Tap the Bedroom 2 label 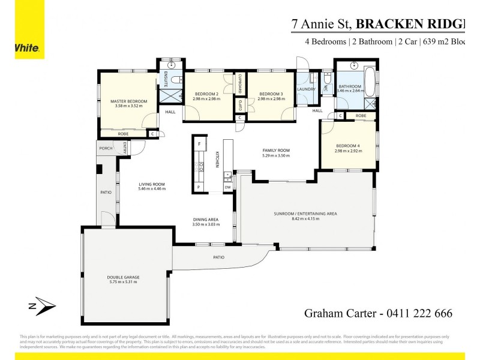point(206,94)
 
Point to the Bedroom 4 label point(348,146)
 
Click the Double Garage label point(123,277)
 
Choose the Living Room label point(151,184)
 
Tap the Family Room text point(276,150)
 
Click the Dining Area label point(206,220)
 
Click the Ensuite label point(166,79)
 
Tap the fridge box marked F point(199,145)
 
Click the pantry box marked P point(199,187)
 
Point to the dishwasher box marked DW point(228,187)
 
